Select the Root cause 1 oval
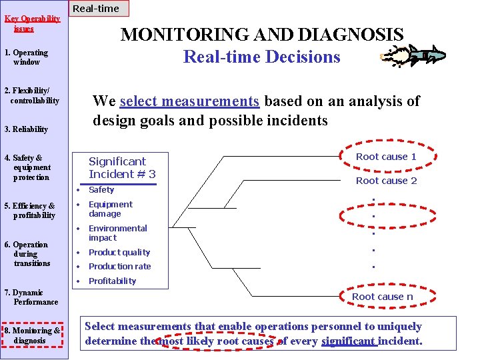click(385, 157)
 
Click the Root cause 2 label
click(386, 181)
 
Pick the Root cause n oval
click(382, 297)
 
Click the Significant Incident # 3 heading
click(122, 168)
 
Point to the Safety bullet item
click(101, 190)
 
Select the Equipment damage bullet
click(110, 209)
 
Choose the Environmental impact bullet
click(117, 233)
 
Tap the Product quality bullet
click(119, 253)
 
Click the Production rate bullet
click(119, 267)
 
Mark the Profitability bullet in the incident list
click(112, 281)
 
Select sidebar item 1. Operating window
click(26, 57)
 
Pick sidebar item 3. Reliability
click(26, 129)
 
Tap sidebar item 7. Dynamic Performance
click(31, 297)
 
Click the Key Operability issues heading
click(32, 23)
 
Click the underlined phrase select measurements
click(189, 101)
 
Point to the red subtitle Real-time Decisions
click(261, 57)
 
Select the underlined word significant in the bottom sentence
click(349, 341)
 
